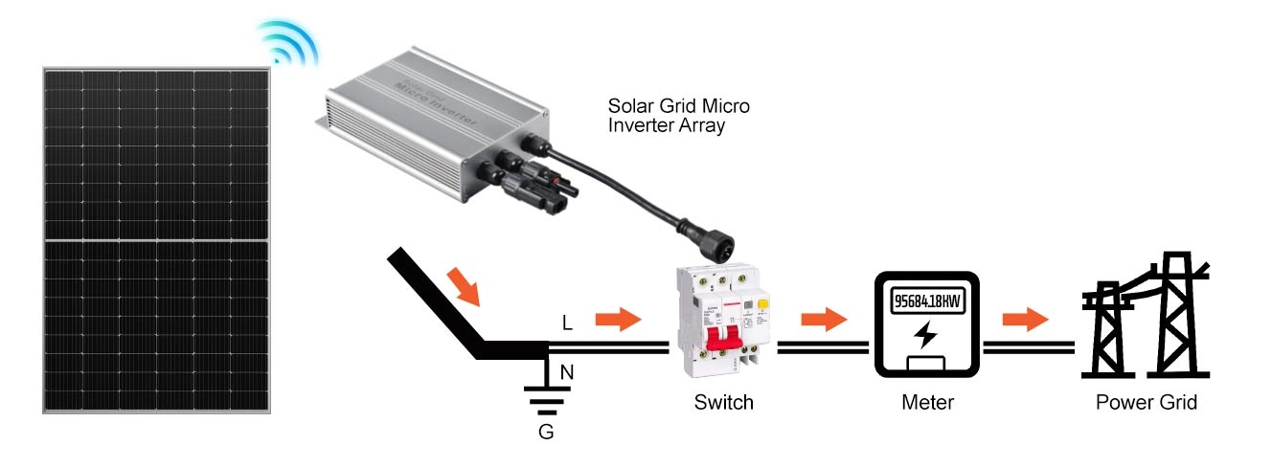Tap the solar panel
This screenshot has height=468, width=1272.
tap(155, 239)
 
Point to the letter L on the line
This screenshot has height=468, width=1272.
tap(567, 323)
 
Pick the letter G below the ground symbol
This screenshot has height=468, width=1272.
tap(546, 432)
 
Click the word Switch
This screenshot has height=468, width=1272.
tap(723, 403)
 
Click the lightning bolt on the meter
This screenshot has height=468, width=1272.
tap(926, 335)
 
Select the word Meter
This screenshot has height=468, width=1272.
tap(927, 403)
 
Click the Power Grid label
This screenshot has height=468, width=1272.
tap(1146, 403)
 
